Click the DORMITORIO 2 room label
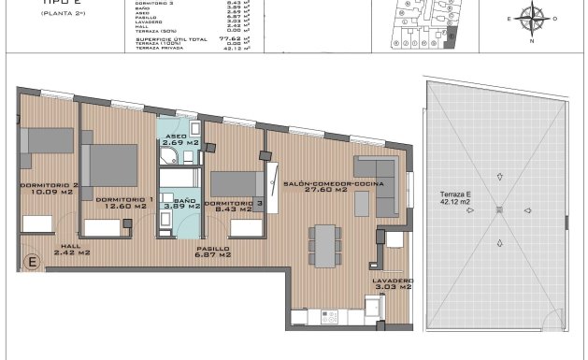[49, 186]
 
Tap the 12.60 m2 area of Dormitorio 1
[117, 207]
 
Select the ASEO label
[177, 137]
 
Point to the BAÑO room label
[184, 200]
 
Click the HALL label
[71, 246]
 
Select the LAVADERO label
[392, 281]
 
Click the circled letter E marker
[32, 262]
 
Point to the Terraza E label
[456, 194]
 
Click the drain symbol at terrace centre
[498, 209]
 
